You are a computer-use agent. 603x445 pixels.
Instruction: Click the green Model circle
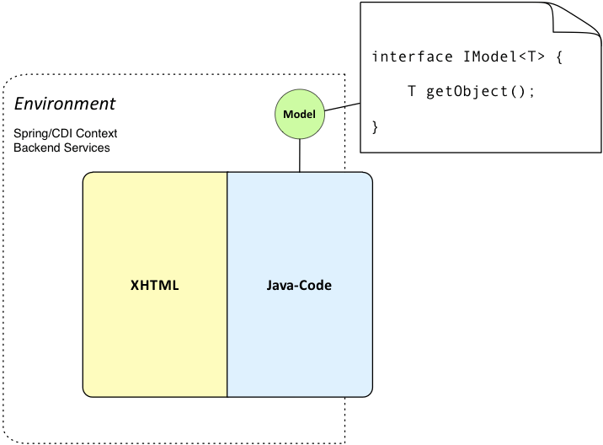(x=300, y=115)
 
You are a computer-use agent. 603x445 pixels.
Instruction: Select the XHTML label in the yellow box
(x=155, y=286)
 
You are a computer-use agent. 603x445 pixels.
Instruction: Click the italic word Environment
(x=66, y=104)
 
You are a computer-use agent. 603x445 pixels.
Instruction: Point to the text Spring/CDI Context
(x=65, y=134)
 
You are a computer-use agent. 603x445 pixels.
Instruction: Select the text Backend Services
(x=61, y=147)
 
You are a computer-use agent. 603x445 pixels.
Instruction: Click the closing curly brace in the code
(x=376, y=126)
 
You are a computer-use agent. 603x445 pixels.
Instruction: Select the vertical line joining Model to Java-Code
(x=300, y=155)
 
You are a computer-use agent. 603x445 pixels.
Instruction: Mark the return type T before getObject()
(x=412, y=91)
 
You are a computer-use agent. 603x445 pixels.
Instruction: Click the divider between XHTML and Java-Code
(x=227, y=286)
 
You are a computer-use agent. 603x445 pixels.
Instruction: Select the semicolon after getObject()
(x=532, y=92)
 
